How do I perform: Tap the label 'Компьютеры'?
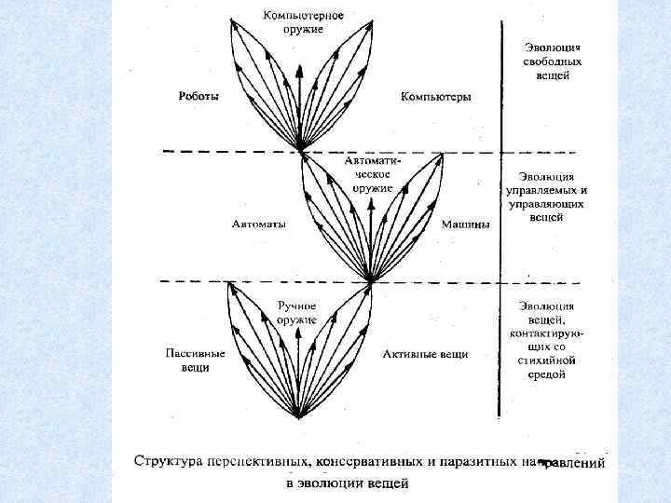435,96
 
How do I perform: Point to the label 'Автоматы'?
259,224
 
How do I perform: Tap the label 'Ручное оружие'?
296,312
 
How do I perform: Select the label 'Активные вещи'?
425,354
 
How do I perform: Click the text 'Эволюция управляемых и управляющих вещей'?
547,197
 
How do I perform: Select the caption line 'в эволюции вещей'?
347,483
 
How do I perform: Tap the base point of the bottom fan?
298,417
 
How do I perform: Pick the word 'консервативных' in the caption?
374,461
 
